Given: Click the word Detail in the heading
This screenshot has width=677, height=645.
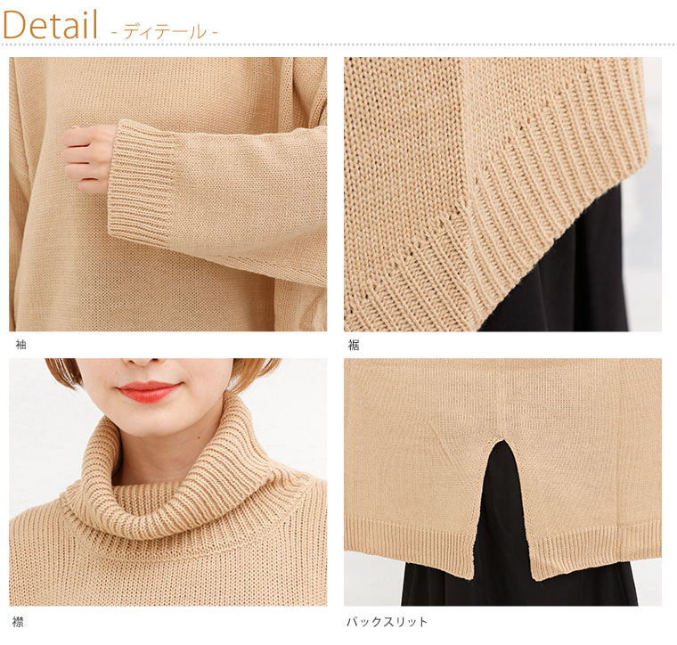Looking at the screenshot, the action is pyautogui.click(x=50, y=25).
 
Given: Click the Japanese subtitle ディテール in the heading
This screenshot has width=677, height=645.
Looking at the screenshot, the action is pyautogui.click(x=165, y=32).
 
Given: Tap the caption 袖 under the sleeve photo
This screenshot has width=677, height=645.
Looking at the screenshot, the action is pyautogui.click(x=20, y=345).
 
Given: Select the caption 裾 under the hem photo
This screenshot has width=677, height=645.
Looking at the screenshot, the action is pyautogui.click(x=354, y=345).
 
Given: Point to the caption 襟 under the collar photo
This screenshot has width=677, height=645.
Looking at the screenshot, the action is pyautogui.click(x=18, y=622).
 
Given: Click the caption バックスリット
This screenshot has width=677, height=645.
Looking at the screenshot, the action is pyautogui.click(x=387, y=622).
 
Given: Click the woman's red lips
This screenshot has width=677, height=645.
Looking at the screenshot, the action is pyautogui.click(x=148, y=392).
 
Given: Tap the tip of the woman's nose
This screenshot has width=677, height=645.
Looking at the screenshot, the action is pyautogui.click(x=141, y=363).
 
